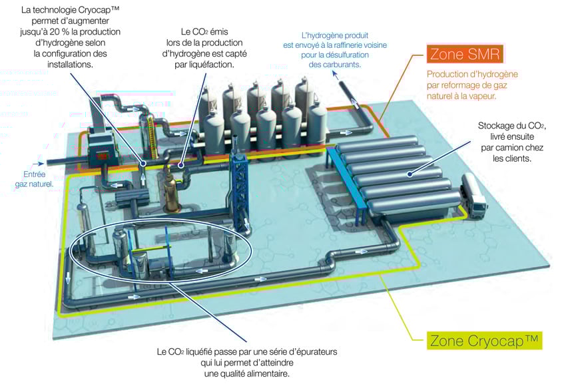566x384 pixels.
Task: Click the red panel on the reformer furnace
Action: (103, 155)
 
